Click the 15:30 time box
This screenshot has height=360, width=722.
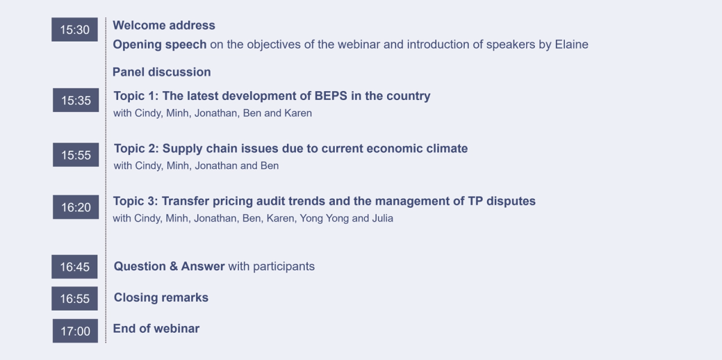(74, 30)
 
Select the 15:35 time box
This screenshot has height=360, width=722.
(76, 100)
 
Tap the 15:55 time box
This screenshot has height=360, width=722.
(76, 155)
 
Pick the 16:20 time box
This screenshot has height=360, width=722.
(76, 207)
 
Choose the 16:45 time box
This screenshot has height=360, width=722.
(74, 267)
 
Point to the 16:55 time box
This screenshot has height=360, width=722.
(74, 299)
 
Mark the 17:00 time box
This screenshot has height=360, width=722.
(75, 331)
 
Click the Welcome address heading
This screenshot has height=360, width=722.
(164, 26)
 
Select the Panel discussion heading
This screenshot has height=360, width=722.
(162, 72)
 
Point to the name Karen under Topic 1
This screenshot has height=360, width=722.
(298, 113)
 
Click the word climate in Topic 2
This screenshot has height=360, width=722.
(445, 149)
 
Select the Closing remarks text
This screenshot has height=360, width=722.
(161, 297)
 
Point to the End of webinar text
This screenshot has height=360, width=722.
(156, 329)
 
